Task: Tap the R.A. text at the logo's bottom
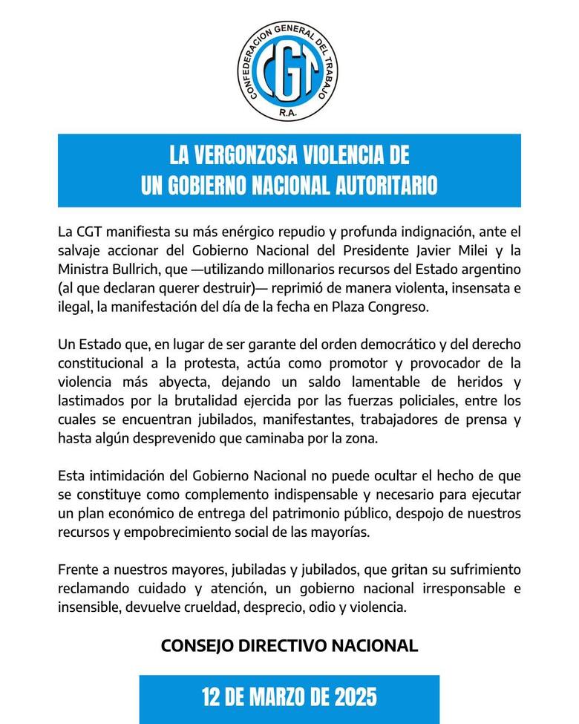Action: (289, 113)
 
